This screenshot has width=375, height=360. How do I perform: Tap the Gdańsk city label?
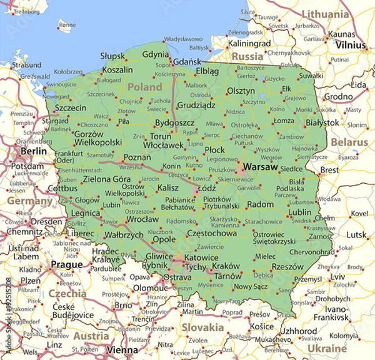point(187,62)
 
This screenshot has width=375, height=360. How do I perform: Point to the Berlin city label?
point(34,151)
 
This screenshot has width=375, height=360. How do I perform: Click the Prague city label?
point(66,264)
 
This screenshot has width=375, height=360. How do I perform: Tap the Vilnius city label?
point(350,45)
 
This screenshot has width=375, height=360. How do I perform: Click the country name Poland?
point(145,87)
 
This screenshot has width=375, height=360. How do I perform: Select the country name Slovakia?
point(202,327)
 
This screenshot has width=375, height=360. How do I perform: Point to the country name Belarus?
point(349,142)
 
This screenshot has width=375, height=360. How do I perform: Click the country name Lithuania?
point(325,14)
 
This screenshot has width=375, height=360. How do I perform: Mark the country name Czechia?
point(67,293)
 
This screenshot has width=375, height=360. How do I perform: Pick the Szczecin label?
point(71,107)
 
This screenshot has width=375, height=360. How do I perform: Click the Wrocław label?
point(142,219)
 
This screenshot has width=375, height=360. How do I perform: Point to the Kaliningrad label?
point(249,44)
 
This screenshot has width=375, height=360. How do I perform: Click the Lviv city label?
point(337,276)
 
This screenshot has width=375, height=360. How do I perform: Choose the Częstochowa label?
point(212,233)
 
